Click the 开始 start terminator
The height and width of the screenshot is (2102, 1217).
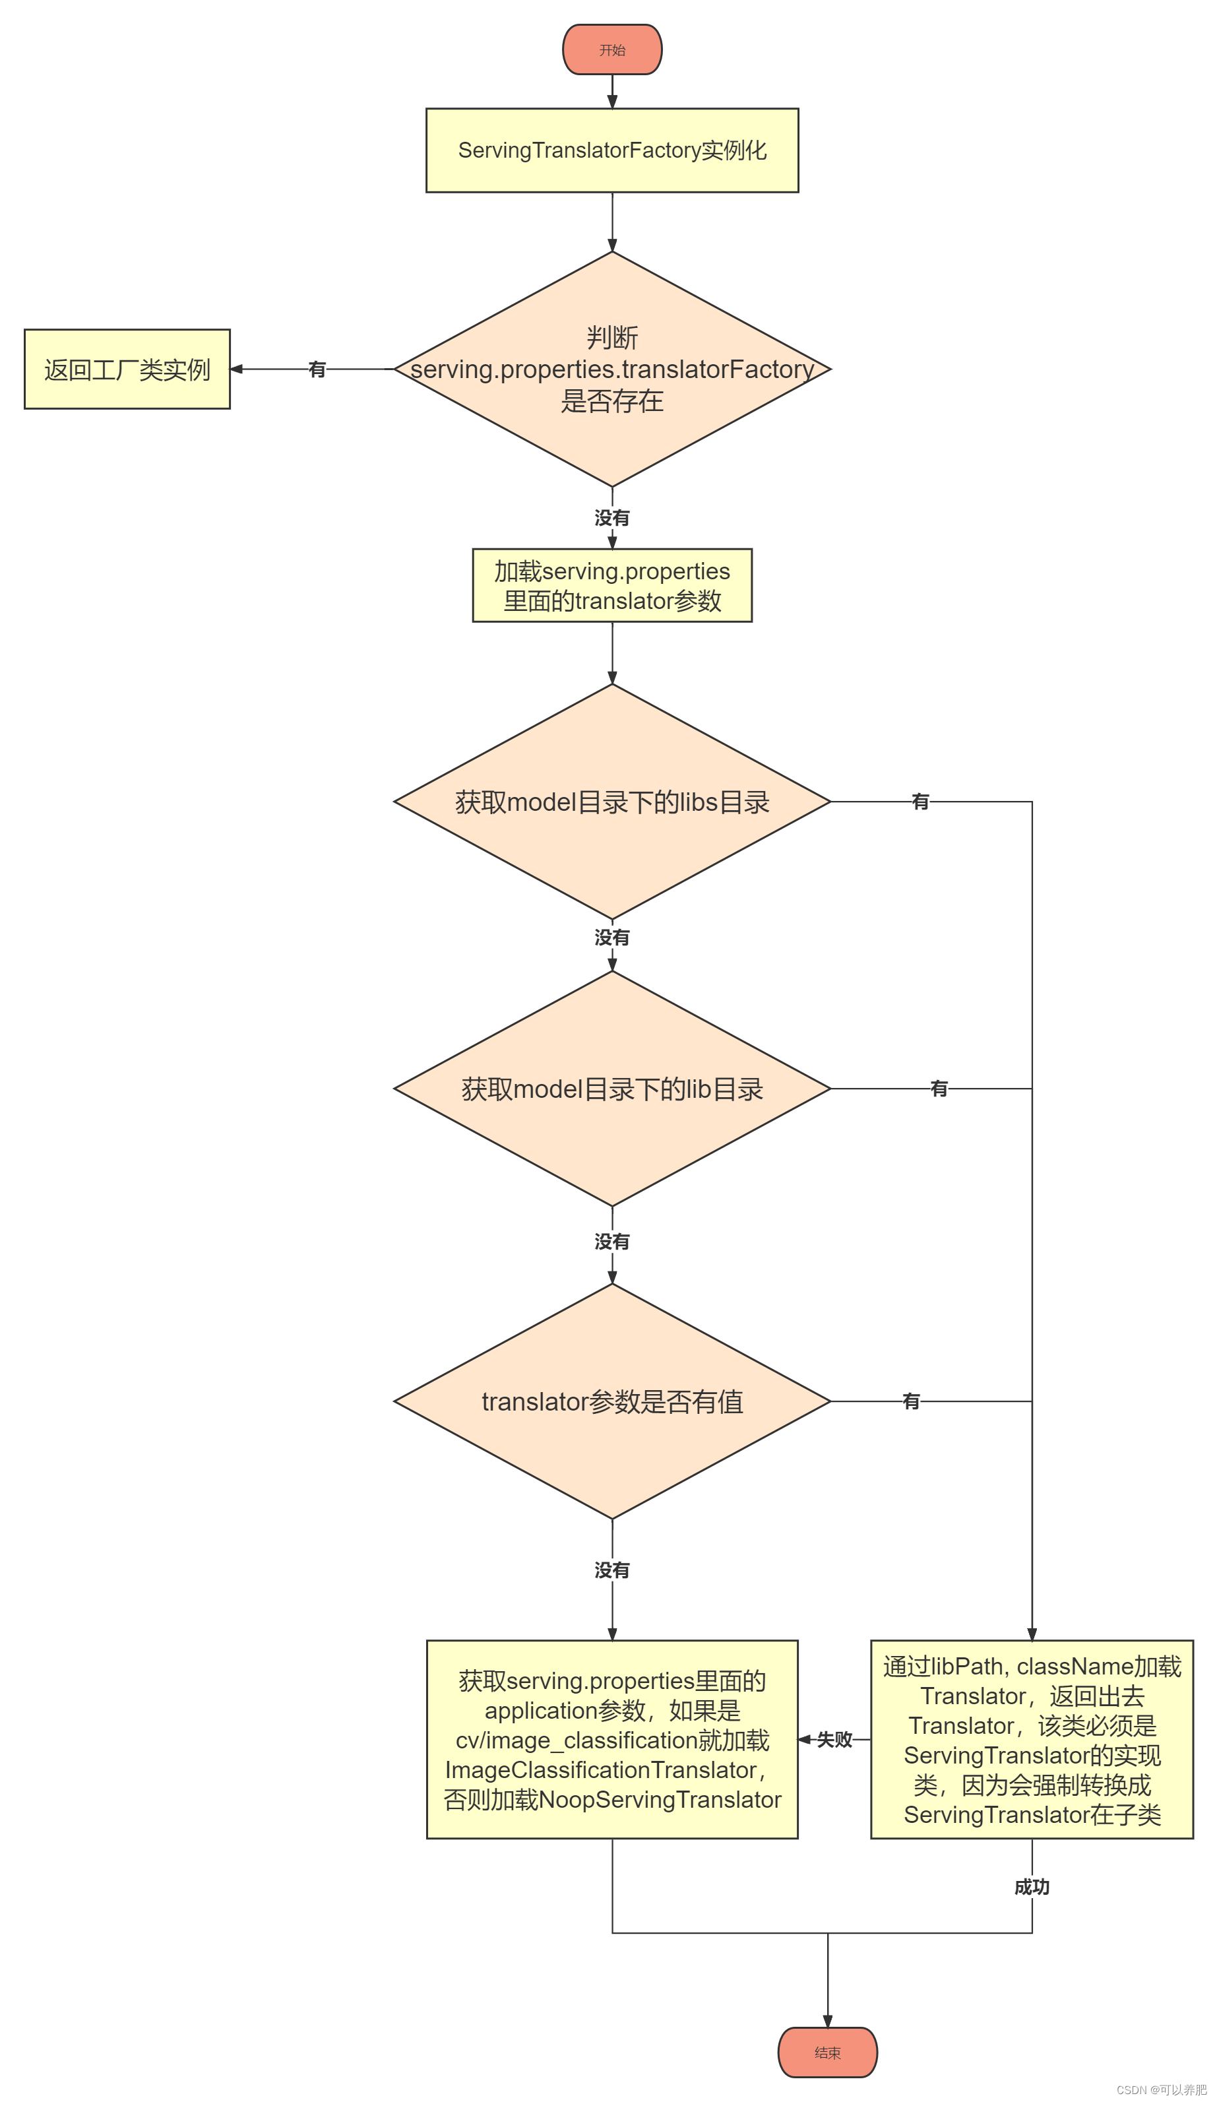click(611, 49)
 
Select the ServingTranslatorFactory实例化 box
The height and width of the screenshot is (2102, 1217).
click(611, 150)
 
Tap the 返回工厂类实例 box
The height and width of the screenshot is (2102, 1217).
click(127, 369)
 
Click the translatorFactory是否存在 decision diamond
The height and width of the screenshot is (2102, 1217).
click(611, 369)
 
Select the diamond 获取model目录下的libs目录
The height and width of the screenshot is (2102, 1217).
click(611, 801)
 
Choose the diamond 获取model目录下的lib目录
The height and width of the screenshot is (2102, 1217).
click(611, 1088)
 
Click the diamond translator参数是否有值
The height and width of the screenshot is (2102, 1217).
click(611, 1401)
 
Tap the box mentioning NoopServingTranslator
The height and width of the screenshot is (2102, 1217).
click(611, 1738)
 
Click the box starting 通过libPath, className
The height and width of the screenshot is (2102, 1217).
click(1031, 1738)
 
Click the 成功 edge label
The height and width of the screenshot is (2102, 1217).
click(1031, 1886)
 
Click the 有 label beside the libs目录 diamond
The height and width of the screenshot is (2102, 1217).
click(920, 801)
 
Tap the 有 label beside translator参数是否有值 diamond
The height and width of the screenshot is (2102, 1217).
click(910, 1401)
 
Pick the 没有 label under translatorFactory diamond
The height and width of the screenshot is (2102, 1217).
click(611, 517)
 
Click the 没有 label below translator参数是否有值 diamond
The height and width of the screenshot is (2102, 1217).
click(611, 1569)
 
